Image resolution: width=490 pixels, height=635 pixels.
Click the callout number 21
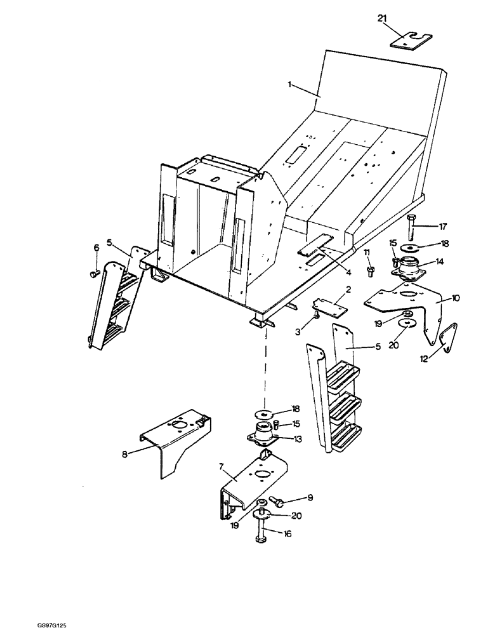tap(382, 19)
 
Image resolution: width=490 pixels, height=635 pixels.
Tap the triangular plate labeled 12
tap(449, 337)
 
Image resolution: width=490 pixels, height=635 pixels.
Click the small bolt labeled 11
tap(371, 272)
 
